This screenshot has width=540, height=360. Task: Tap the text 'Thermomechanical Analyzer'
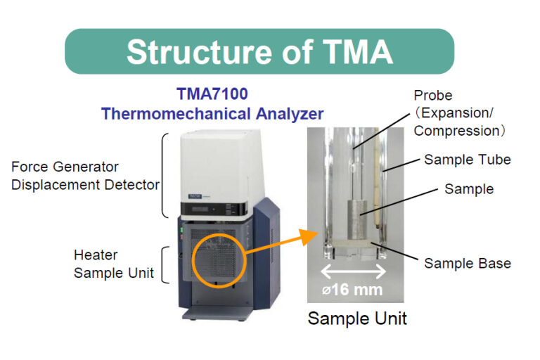click(x=211, y=113)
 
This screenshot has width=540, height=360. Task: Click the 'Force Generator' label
click(x=65, y=167)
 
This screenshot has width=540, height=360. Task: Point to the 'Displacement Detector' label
click(x=84, y=185)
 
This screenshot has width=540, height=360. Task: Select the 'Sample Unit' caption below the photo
click(x=357, y=319)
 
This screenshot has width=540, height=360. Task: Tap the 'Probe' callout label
click(x=434, y=95)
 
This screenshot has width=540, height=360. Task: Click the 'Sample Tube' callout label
click(x=467, y=160)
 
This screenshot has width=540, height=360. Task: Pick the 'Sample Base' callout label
click(x=467, y=264)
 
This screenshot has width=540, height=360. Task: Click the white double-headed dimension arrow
click(x=354, y=271)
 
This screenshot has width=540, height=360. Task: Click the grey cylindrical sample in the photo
click(x=358, y=219)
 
